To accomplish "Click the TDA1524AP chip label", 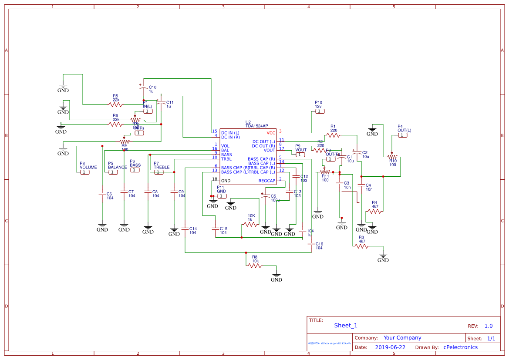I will point(256,126).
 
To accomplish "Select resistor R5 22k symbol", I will point(115,104).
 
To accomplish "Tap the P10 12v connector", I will point(319,111).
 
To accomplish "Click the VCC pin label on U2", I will point(271,133).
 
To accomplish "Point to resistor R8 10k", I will point(255,265).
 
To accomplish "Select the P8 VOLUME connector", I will point(85,172).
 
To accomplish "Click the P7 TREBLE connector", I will point(159,172).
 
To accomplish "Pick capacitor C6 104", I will point(102,193).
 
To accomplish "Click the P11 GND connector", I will point(222,196).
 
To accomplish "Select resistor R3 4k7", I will point(361,246).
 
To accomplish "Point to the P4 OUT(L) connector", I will point(403,135).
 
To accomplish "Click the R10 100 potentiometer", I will point(392,157).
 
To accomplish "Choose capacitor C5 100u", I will point(266,197).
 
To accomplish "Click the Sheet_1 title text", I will point(346,325).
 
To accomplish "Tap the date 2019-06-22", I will point(390,347).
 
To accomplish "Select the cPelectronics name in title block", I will point(460,347).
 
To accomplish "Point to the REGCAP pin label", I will point(267,181).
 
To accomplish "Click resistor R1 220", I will point(333,135).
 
